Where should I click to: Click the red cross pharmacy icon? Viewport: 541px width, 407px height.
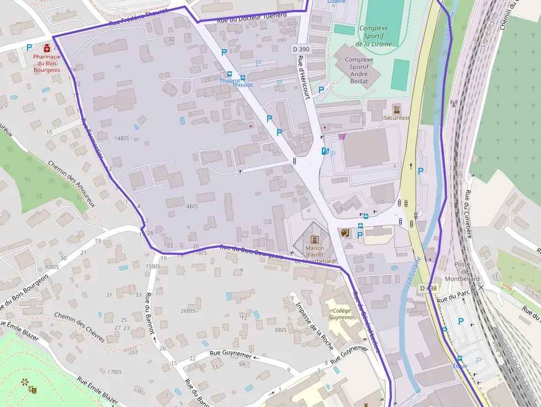click(47, 48)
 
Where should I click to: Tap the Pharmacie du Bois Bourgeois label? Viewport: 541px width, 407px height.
click(46, 64)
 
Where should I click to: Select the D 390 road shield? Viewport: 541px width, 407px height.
click(301, 50)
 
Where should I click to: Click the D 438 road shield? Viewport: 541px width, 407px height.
click(428, 288)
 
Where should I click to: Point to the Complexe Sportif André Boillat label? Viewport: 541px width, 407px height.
click(359, 70)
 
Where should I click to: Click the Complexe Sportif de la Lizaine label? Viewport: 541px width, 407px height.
click(374, 36)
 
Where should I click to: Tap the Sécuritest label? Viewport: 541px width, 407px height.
click(397, 118)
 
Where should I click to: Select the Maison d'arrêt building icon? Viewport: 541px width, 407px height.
click(315, 240)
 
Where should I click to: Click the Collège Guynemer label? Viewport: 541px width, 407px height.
click(342, 314)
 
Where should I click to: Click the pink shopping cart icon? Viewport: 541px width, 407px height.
click(342, 136)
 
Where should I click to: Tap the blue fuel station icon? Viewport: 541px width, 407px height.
click(325, 150)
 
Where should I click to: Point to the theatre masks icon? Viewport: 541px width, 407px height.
click(33, 389)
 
